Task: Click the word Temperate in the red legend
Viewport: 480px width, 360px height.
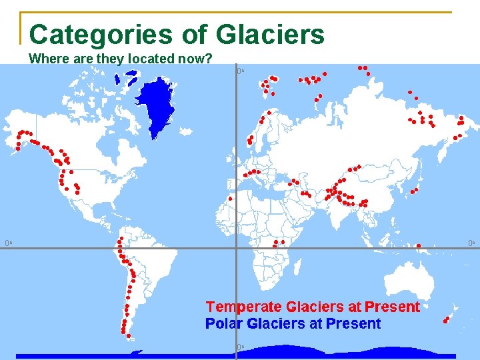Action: coord(244,307)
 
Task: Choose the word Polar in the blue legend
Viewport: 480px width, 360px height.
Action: coord(223,324)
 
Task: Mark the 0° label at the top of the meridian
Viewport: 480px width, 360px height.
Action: coord(241,71)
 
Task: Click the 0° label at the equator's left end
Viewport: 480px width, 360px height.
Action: coord(8,243)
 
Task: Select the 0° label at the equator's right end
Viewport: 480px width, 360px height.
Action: coord(471,243)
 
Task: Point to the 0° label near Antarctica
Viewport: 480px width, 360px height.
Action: coord(241,347)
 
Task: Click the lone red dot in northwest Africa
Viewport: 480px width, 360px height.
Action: coord(230,198)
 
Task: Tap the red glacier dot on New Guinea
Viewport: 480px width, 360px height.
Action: coord(419,245)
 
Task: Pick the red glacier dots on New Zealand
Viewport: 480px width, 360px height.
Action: coord(446,320)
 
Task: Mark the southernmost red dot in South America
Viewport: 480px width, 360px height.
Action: coord(129,337)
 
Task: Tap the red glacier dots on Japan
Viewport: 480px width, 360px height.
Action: coord(415,191)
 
